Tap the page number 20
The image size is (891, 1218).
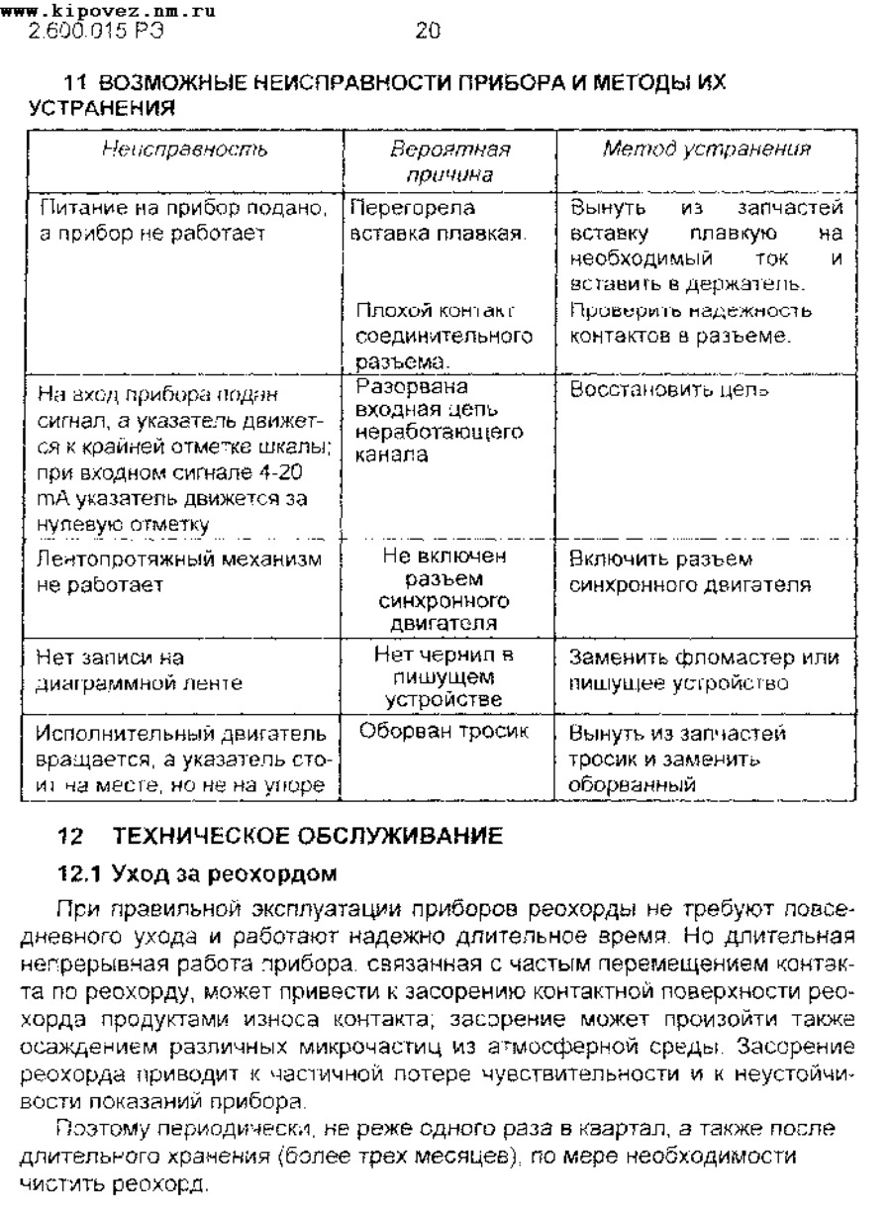click(427, 32)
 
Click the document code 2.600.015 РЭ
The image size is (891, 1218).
click(88, 32)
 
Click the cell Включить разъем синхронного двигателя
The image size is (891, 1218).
click(690, 572)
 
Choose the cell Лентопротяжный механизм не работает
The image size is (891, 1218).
click(178, 572)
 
